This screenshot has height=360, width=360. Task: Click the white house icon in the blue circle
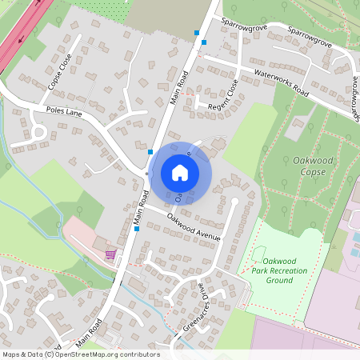[x=180, y=173]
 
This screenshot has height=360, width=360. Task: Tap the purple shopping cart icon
[x=110, y=254]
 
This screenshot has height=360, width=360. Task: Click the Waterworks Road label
[x=281, y=81]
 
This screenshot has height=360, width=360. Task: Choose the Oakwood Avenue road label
[x=193, y=226]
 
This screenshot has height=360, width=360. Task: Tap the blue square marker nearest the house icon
[x=150, y=150]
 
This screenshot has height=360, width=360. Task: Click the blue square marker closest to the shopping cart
[x=137, y=229]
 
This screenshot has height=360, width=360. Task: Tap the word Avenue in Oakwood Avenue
[x=206, y=233]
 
